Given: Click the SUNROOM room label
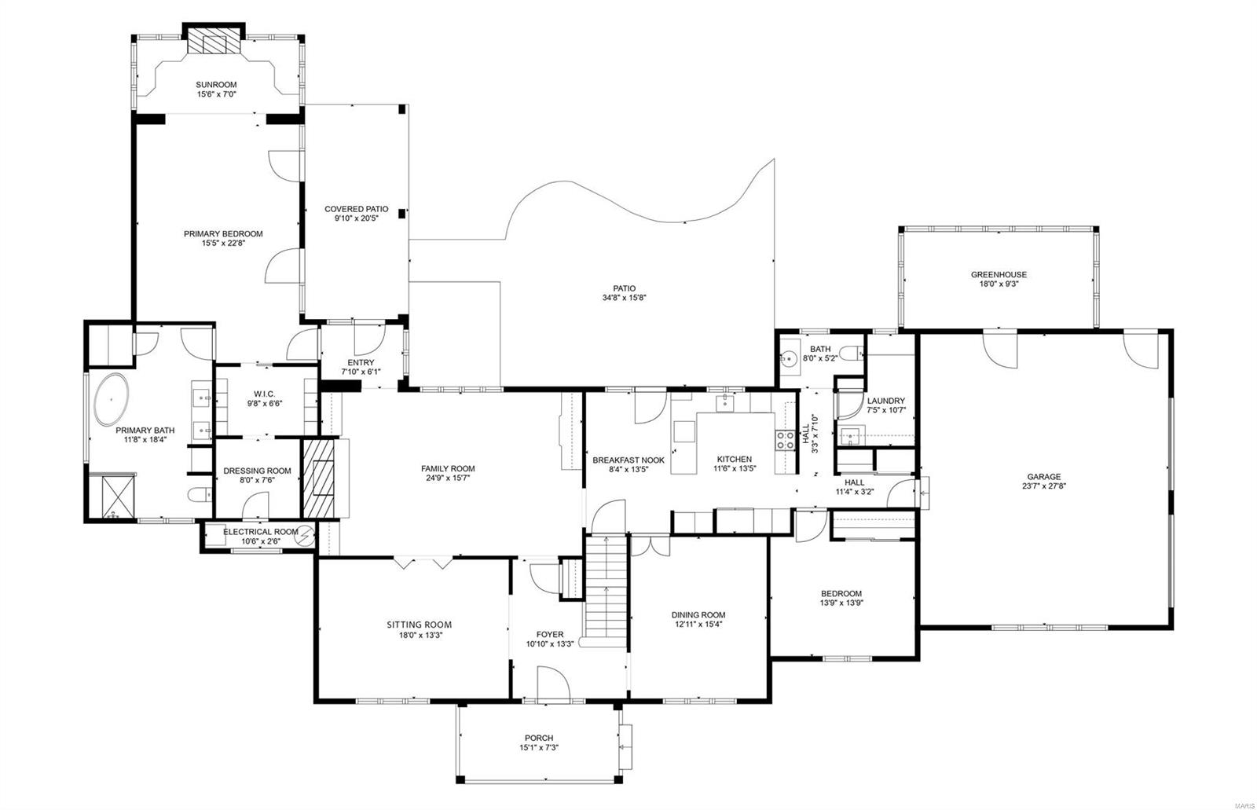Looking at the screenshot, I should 216,85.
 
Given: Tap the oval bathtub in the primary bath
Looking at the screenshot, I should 112,400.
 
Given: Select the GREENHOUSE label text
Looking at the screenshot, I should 999,275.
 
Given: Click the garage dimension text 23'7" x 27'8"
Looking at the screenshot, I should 1043,486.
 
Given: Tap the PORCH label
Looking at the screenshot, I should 539,738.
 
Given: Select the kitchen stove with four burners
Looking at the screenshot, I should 785,440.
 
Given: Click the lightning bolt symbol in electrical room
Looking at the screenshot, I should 304,534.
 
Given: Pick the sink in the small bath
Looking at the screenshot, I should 788,358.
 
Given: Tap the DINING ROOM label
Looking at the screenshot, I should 698,615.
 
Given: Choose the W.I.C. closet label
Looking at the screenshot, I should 262,394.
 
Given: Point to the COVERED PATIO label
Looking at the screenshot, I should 356,209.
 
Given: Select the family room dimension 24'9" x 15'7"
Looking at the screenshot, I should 448,478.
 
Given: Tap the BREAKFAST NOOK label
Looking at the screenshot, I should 628,460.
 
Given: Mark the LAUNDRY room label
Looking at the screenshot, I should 885,401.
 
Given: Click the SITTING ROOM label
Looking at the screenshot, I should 419,625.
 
